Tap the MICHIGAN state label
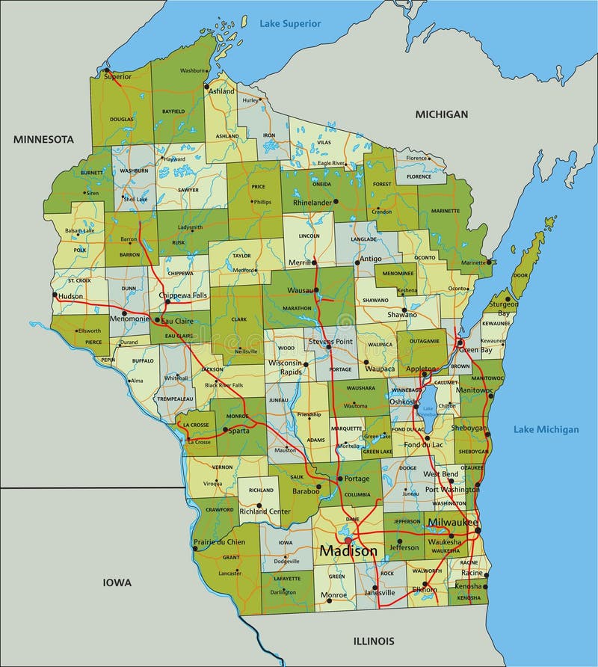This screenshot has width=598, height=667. coord(442,114)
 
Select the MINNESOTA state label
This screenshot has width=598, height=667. coord(43,139)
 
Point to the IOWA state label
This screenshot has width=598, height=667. coord(117,583)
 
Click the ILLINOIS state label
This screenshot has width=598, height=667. coord(373,641)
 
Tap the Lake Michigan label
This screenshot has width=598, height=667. coord(546,429)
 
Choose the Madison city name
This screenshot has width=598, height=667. coord(348,551)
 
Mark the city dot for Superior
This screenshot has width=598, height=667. coord(106,71)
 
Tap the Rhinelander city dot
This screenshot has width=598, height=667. coord(336,201)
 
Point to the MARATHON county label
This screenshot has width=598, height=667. coord(297,307)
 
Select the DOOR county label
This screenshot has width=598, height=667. coord(520,274)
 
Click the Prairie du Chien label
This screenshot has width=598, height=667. coord(219,542)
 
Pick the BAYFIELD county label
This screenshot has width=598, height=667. coord(173,111)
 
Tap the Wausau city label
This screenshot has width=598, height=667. coord(300,290)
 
